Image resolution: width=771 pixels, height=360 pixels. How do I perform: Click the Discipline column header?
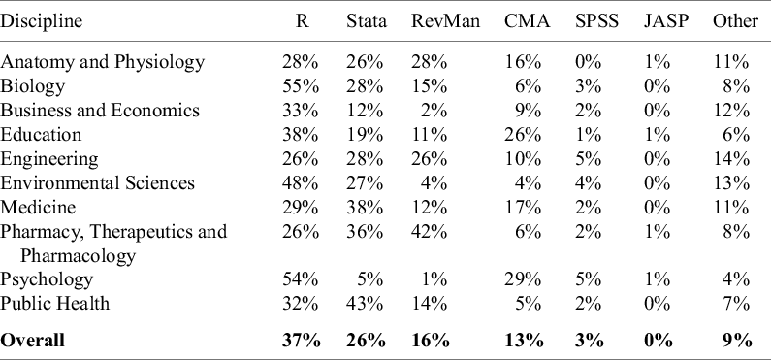click(42, 20)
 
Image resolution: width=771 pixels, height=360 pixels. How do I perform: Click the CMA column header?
click(528, 20)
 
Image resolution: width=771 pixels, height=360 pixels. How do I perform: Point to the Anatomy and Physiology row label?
click(103, 62)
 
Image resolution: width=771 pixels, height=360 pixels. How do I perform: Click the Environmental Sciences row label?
click(98, 182)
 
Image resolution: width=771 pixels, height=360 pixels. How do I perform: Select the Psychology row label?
click(47, 279)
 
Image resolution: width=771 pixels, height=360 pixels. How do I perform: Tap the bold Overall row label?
click(33, 340)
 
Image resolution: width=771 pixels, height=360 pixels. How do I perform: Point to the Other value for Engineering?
click(733, 159)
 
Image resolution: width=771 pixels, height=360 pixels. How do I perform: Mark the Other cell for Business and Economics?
click(733, 111)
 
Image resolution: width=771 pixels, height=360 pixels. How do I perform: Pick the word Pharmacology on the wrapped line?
click(79, 256)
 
